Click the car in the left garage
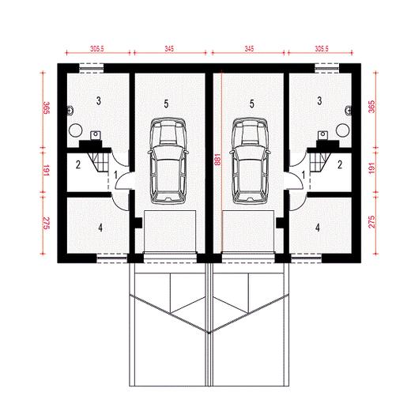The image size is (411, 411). [x=168, y=161]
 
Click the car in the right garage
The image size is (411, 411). [x=250, y=161]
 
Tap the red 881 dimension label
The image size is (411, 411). [x=217, y=159]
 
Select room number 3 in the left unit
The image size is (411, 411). [x=99, y=100]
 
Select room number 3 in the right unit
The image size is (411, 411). [x=319, y=100]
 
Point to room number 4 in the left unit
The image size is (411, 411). [x=100, y=228]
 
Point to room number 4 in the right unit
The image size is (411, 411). [x=318, y=228]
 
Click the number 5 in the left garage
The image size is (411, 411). [x=166, y=104]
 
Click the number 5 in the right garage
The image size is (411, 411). [x=252, y=104]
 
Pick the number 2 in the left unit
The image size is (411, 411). [x=78, y=165]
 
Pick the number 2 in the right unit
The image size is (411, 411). [x=340, y=165]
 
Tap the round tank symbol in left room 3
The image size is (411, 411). [x=76, y=130]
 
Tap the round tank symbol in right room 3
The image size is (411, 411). [x=343, y=130]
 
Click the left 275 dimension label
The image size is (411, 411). [x=46, y=223]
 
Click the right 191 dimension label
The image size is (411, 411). [x=371, y=168]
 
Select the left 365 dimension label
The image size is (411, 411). [x=46, y=107]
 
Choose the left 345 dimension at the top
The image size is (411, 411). [x=169, y=49]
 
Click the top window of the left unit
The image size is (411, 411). [x=91, y=68]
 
